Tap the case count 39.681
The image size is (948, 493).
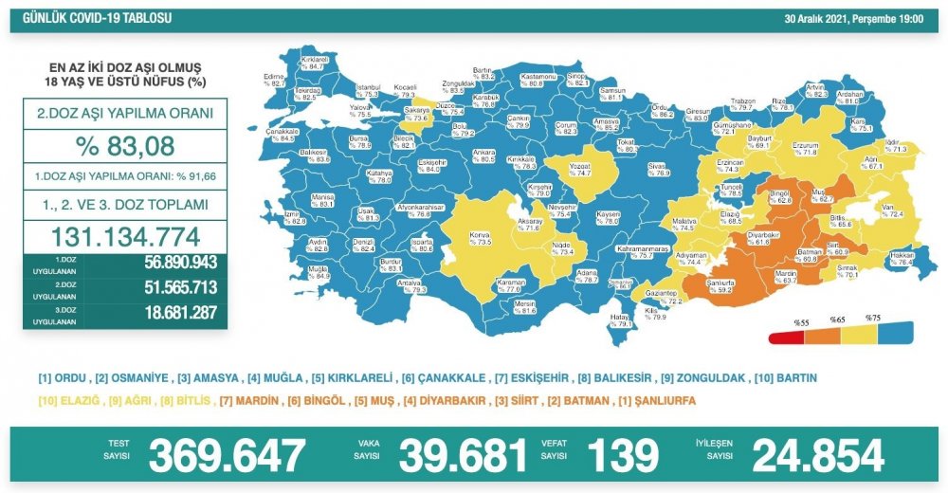click(463, 456)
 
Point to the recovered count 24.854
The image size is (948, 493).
click(818, 456)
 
